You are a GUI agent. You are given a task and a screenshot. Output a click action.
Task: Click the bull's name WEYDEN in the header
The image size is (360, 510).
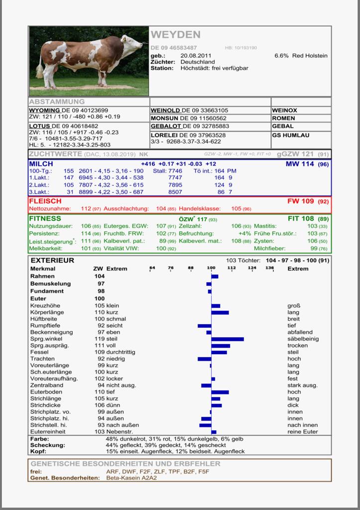pyautogui.click(x=175, y=35)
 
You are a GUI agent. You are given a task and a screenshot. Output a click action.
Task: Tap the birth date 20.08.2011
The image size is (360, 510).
pyautogui.click(x=196, y=56)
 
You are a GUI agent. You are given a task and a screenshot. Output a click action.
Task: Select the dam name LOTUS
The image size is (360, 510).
pyautogui.click(x=39, y=126)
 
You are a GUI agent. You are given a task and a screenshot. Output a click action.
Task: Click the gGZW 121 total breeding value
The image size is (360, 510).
pyautogui.click(x=296, y=154)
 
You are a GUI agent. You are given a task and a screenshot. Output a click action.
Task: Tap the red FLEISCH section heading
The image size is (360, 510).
pyautogui.click(x=45, y=201)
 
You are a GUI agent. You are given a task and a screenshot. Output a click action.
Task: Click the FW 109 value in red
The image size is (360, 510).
pyautogui.click(x=301, y=201)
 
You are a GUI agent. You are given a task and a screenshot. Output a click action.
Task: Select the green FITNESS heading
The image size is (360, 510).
pyautogui.click(x=45, y=218)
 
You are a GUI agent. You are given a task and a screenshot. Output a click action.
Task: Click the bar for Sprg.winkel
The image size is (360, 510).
pyautogui.click(x=228, y=339)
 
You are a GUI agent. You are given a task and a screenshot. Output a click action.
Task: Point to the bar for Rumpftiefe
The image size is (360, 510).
pyautogui.click(x=205, y=326)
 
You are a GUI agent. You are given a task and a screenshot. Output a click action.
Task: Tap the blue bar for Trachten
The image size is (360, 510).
pyautogui.click(x=205, y=359)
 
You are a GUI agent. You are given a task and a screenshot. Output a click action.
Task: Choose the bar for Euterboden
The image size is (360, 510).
pyautogui.click(x=220, y=392)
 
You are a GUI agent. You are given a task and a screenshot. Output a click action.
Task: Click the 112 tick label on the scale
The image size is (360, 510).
pyautogui.click(x=232, y=268)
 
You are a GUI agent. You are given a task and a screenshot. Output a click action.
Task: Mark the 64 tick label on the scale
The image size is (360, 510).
pyautogui.click(x=152, y=268)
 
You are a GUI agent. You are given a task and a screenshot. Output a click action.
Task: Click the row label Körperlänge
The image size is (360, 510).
pyautogui.click(x=47, y=312)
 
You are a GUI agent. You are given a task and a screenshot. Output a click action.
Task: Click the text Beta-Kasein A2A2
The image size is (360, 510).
pyautogui.click(x=131, y=477)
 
